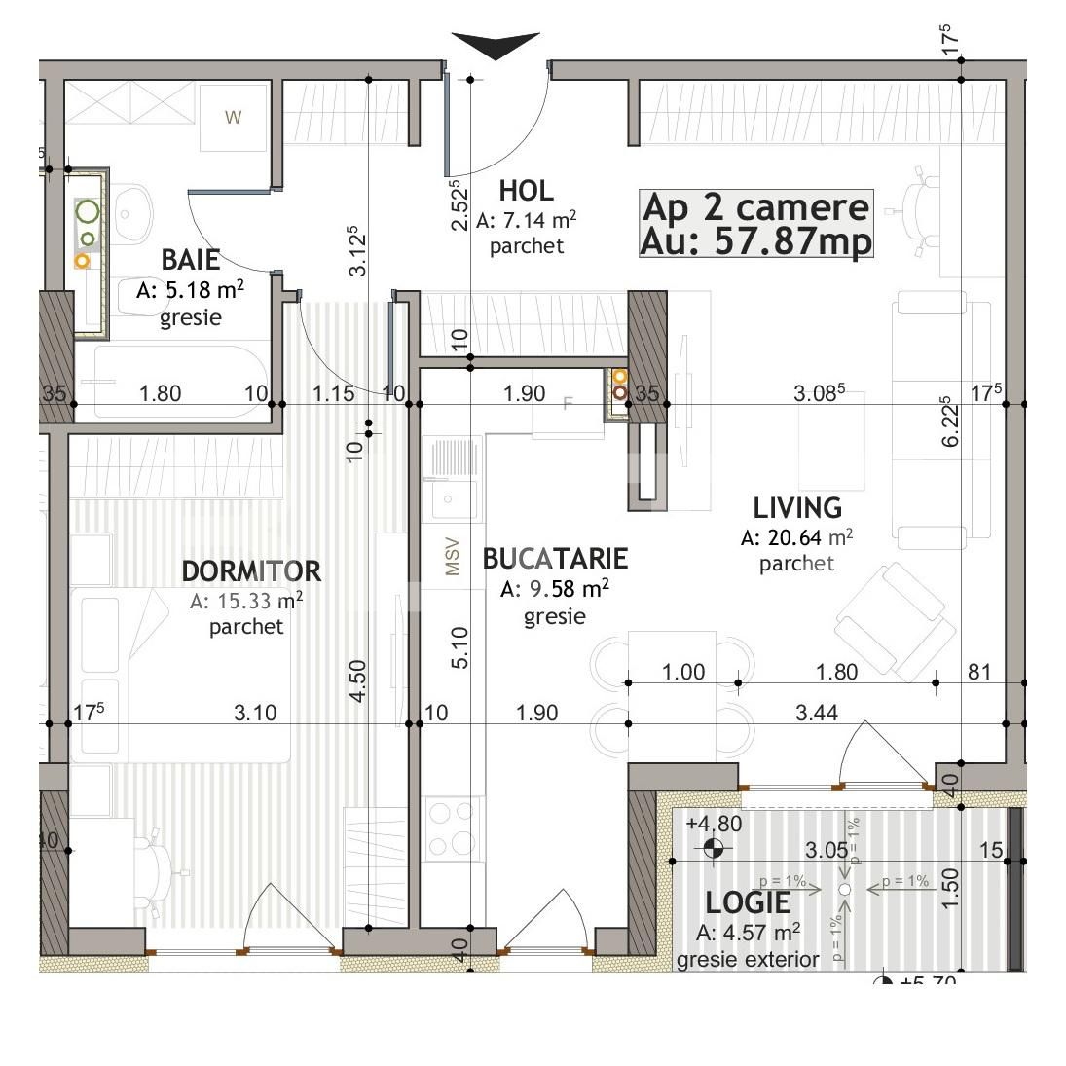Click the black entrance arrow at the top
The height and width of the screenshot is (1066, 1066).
pos(496,45)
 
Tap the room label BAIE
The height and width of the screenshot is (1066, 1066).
pos(191,260)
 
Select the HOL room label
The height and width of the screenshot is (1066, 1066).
pos(526,191)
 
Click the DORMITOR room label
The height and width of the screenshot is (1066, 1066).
pos(251,570)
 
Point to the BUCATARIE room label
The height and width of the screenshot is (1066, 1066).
pos(555,559)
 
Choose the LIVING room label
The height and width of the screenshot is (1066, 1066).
pos(797,508)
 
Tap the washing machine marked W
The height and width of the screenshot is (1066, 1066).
pos(233,118)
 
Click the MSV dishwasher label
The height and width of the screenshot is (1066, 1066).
pos(452,557)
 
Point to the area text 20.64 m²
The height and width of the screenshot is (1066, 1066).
pos(797,537)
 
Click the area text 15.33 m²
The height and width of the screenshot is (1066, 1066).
pos(246,601)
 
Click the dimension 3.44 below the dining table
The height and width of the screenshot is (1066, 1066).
pos(816,714)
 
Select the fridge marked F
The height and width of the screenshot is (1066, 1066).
pos(569,404)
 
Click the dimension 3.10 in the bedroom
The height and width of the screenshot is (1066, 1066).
pos(255,714)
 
